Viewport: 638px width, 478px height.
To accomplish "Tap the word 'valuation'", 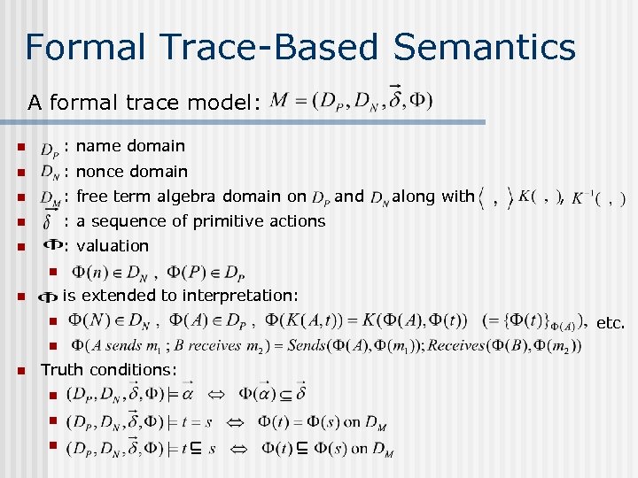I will [113, 245].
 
